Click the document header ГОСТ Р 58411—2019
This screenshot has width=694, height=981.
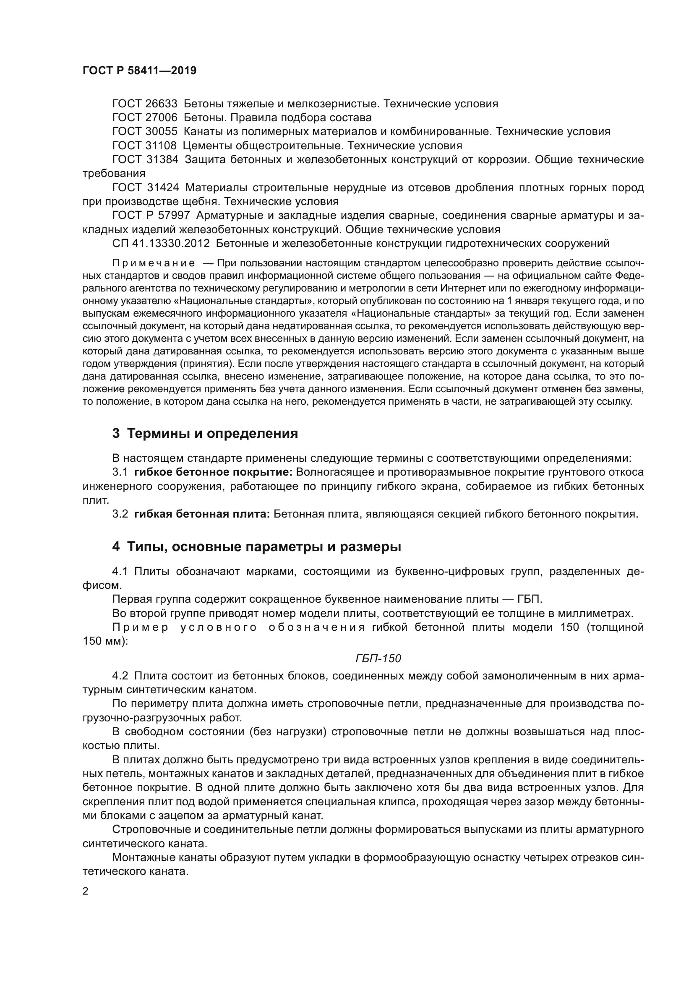139,71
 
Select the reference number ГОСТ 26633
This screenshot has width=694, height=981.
144,104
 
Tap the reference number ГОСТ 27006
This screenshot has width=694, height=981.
144,117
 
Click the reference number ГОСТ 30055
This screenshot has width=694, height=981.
144,132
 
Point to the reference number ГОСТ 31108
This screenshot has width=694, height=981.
144,146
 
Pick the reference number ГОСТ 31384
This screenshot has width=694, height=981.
144,160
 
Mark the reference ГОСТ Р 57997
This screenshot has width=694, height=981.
151,216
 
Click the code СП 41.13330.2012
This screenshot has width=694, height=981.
161,244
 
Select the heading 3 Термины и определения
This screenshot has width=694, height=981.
205,434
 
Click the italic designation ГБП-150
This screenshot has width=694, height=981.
378,658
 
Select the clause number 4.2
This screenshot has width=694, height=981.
120,676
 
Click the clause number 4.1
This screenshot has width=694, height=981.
120,572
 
